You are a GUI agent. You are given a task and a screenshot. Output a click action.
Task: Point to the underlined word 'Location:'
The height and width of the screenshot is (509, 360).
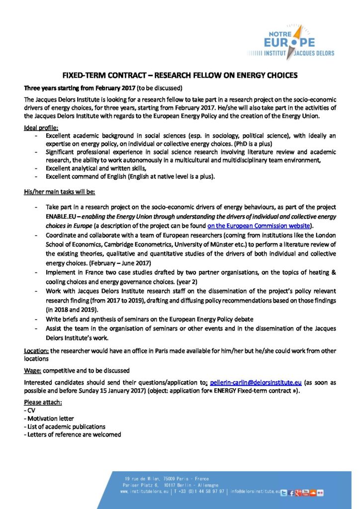tap(36, 350)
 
